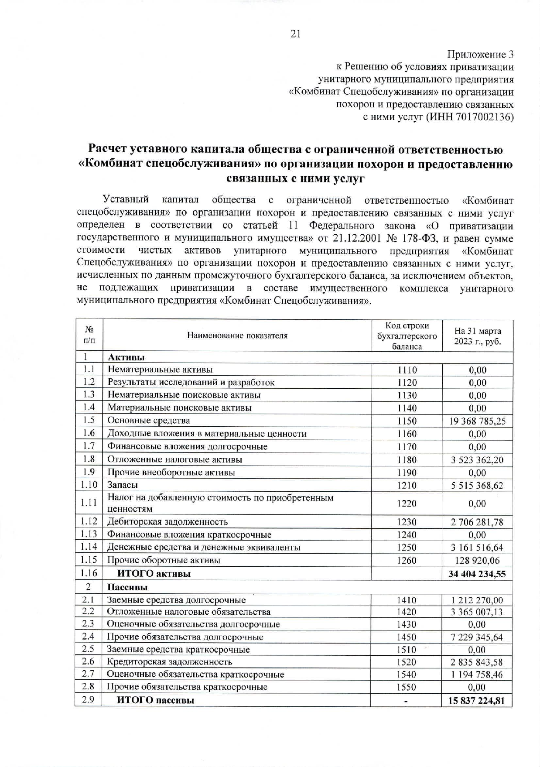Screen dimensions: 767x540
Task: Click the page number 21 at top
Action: coord(295,34)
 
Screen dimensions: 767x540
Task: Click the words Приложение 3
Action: coord(480,55)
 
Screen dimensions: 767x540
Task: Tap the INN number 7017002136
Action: coord(485,117)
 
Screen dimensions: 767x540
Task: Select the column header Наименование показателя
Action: coord(237,336)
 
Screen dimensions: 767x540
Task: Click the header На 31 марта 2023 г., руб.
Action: coord(477,336)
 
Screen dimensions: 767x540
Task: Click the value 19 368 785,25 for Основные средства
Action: coord(477,421)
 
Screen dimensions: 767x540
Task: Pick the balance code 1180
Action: coord(407,460)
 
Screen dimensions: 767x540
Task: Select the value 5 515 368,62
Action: coord(477,486)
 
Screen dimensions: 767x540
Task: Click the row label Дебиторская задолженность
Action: coord(167,522)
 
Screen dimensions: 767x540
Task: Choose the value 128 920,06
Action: coord(477,561)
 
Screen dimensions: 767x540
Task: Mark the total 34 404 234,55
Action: coord(477,574)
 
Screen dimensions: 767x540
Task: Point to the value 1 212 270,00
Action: coord(477,600)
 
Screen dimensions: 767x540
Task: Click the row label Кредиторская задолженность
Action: coord(170,662)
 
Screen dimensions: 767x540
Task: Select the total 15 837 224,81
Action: coord(476,701)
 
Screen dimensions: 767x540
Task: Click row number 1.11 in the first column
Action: coord(89,503)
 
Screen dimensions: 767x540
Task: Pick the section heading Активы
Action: coord(126,357)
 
